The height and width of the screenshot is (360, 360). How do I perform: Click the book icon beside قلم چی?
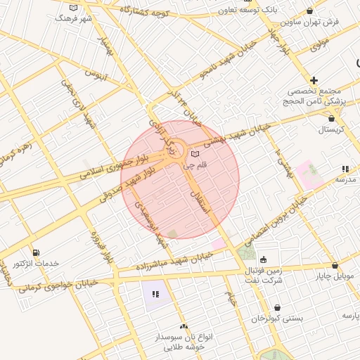(195, 154)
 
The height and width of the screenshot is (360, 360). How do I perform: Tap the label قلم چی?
(195, 166)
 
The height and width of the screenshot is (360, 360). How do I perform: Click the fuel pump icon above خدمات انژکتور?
(36, 252)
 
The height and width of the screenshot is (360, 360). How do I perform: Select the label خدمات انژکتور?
(36, 263)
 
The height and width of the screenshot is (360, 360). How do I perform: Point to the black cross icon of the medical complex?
(314, 81)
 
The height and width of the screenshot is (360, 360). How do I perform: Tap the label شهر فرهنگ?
(73, 17)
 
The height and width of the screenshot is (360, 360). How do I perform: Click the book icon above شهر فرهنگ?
(74, 7)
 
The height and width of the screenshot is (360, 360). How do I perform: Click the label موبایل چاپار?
(335, 276)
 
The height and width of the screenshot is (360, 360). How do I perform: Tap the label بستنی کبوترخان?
(278, 318)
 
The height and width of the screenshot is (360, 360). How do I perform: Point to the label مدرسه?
(345, 179)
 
